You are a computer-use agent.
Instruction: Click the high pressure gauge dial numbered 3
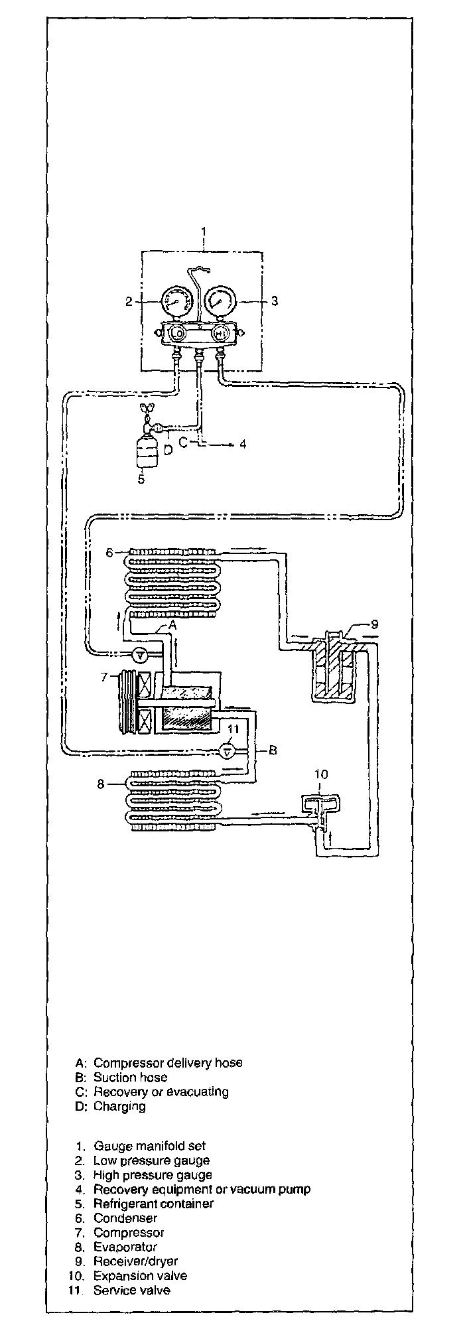(219, 302)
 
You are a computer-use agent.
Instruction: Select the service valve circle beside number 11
(228, 750)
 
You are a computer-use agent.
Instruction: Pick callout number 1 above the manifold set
(204, 232)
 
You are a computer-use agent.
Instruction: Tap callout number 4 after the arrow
(243, 444)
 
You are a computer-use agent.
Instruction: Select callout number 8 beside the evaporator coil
(101, 784)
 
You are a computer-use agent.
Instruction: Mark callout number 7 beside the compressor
(103, 677)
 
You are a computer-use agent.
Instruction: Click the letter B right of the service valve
(272, 750)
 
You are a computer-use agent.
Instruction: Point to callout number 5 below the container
(141, 478)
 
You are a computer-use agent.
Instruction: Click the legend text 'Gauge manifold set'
(150, 1146)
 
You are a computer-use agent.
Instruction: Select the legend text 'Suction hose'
(130, 1077)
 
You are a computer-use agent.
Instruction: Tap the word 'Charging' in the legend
(119, 1106)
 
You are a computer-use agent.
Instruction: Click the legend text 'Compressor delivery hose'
(168, 1062)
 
